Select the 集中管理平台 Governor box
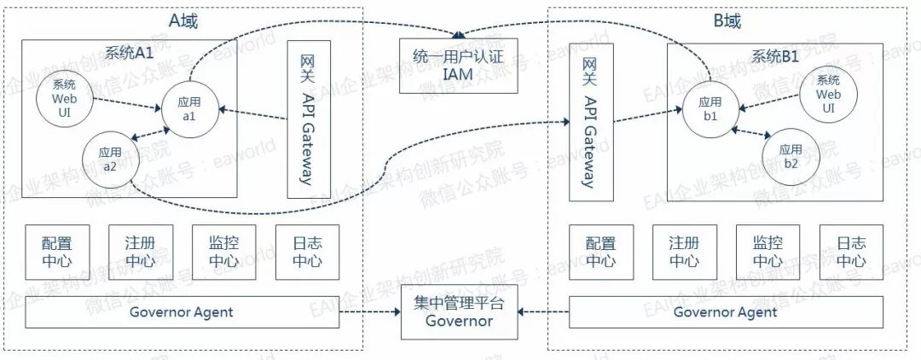[459, 312]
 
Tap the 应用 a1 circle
[188, 109]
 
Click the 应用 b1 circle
[710, 108]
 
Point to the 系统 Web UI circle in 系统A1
[64, 98]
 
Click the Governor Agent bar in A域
[181, 312]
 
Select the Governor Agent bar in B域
[725, 312]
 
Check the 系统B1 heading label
[776, 57]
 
